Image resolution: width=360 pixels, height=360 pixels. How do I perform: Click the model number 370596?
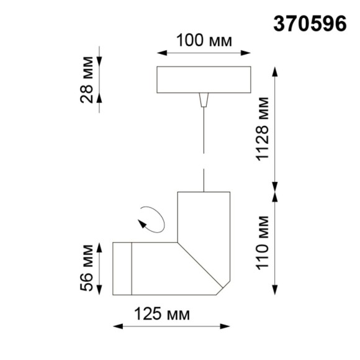point(310,23)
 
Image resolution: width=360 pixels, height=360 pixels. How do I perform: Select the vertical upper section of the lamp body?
point(204,217)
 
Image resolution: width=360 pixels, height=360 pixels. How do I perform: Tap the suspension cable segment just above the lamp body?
point(204,180)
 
